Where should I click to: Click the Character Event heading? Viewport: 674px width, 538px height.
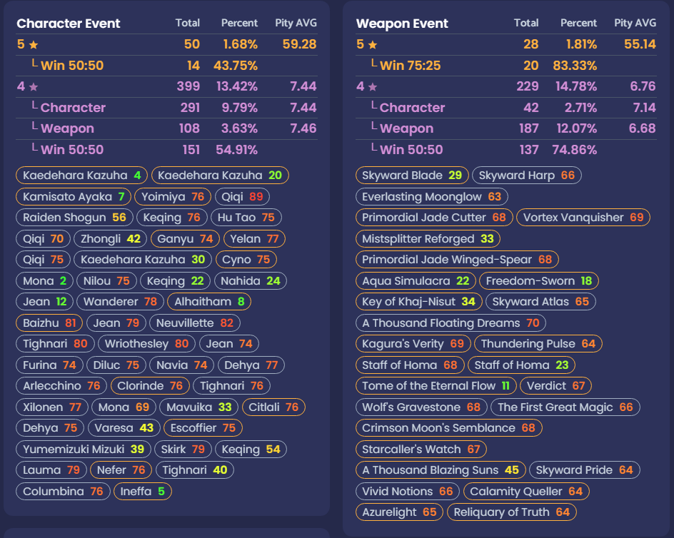[69, 24]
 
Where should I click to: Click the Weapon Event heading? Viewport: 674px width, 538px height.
[402, 24]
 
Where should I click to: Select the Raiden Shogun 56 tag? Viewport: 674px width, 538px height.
[74, 218]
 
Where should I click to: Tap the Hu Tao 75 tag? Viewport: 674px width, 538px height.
[246, 218]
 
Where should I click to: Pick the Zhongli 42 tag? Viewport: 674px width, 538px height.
[110, 238]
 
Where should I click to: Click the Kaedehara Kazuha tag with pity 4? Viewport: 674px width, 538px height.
[81, 176]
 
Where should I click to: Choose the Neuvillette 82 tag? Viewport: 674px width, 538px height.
[194, 323]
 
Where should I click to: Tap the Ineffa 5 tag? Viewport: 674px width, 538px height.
[142, 491]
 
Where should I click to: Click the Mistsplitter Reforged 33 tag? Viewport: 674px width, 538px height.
[428, 238]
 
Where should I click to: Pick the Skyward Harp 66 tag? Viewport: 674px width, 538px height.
[527, 176]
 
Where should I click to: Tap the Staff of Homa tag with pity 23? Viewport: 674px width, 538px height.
[521, 365]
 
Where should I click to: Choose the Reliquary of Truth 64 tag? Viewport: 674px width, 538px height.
[511, 512]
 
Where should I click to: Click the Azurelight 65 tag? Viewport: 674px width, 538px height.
[399, 512]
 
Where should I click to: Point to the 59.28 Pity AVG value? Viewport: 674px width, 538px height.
[299, 44]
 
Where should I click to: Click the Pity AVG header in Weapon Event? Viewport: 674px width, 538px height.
[635, 24]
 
